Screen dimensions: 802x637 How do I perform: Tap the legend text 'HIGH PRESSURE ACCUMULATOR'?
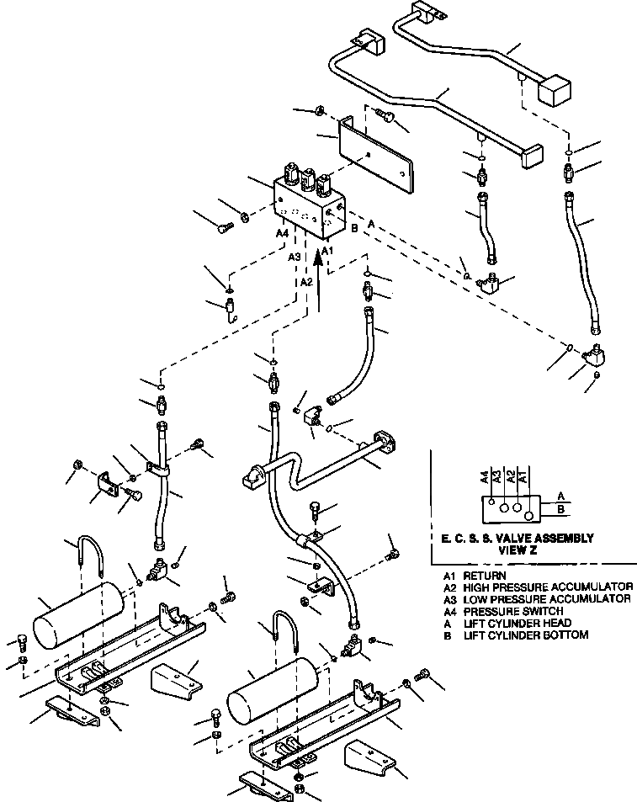[548, 587]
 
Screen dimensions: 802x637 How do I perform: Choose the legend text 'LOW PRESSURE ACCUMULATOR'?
[547, 598]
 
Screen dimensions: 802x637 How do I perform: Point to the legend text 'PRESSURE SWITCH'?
[513, 611]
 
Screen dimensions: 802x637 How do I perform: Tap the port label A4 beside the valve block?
[282, 235]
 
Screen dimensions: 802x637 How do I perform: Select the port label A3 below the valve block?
[295, 257]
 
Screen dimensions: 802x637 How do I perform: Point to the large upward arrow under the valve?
[320, 278]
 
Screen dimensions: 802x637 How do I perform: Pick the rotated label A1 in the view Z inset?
[523, 478]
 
